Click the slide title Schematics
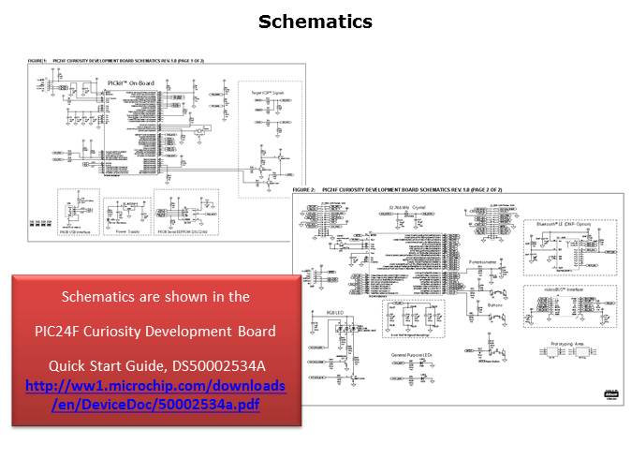coord(315,22)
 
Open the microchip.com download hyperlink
coord(155,394)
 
